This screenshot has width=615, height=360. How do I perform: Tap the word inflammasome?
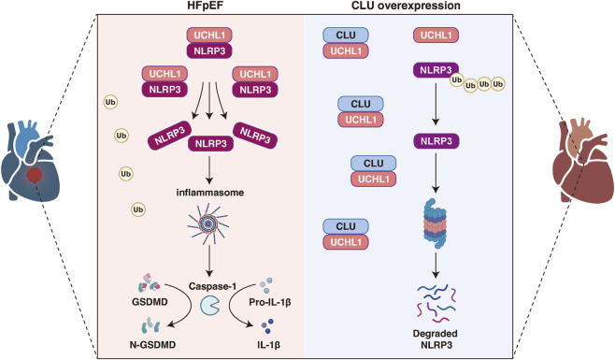click(210, 193)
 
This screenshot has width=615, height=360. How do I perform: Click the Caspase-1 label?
click(212, 286)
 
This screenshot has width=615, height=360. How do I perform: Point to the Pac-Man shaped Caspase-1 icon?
click(210, 306)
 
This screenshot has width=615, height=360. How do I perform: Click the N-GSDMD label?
click(152, 345)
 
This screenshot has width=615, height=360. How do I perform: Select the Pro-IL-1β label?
click(270, 302)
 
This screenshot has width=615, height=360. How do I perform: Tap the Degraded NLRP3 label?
click(436, 339)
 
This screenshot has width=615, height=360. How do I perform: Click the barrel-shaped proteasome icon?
click(435, 223)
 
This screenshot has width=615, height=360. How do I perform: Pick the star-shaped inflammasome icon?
click(208, 223)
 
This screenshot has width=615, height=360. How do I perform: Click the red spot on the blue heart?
click(35, 174)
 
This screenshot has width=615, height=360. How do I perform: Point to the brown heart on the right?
click(582, 161)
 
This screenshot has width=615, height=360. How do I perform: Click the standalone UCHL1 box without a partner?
click(436, 35)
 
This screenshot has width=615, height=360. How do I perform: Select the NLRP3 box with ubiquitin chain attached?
click(436, 70)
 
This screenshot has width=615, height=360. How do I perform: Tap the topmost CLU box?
click(346, 35)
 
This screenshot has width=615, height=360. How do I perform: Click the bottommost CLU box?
click(346, 226)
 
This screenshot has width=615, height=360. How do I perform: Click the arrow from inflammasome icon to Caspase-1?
click(209, 260)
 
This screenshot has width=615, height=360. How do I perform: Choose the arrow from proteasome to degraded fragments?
click(436, 266)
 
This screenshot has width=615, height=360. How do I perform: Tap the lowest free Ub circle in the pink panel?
click(138, 209)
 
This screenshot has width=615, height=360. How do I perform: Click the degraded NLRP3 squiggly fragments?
click(436, 303)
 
